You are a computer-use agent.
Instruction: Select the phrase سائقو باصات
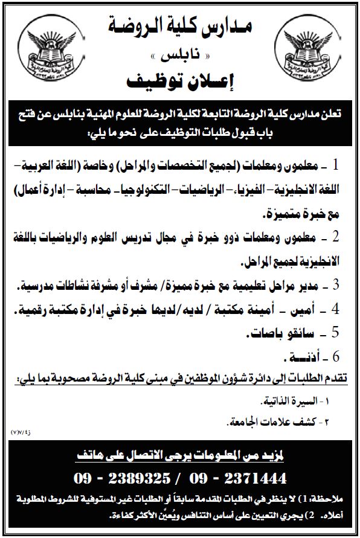[281, 333]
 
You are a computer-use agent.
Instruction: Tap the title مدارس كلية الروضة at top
[179, 25]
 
